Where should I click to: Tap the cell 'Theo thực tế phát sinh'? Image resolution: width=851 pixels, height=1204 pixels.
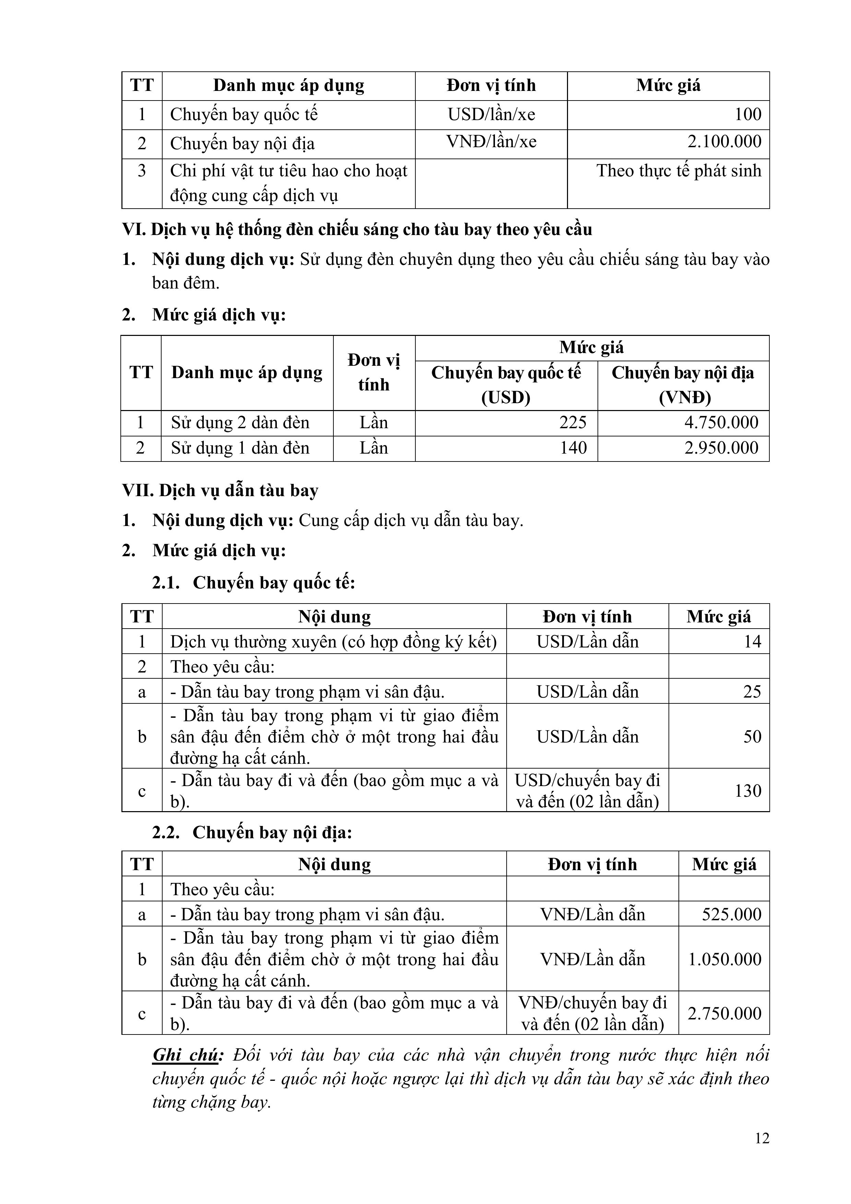tap(678, 171)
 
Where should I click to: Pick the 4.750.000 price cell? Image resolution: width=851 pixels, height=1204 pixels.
tap(721, 423)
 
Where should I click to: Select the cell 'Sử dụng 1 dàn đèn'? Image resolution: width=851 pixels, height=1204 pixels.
tap(240, 448)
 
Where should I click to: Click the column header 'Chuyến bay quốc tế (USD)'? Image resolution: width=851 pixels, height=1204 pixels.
tap(506, 385)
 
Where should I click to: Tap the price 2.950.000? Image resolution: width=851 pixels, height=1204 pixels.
tap(721, 448)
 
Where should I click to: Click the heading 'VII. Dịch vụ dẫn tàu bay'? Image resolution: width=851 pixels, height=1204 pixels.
tap(220, 491)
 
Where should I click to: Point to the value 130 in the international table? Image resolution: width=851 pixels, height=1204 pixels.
tap(748, 791)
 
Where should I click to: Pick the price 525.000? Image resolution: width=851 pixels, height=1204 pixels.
tap(731, 914)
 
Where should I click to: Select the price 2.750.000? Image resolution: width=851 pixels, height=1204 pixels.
tap(725, 1014)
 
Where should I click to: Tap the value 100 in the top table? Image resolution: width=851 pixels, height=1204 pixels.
tap(748, 114)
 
